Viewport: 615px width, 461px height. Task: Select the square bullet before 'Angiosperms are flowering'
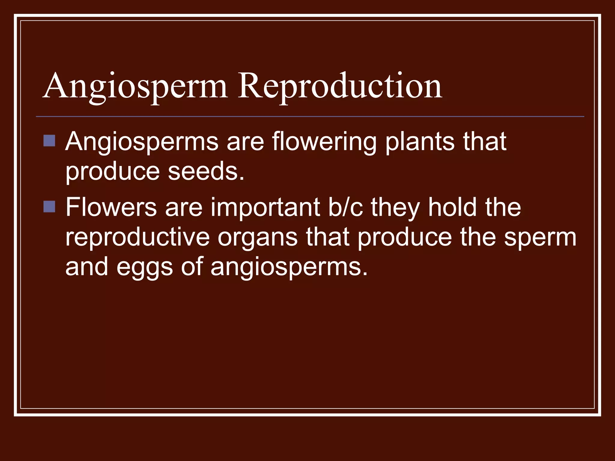pyautogui.click(x=49, y=140)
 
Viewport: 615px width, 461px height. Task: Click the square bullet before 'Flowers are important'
pyautogui.click(x=49, y=206)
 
